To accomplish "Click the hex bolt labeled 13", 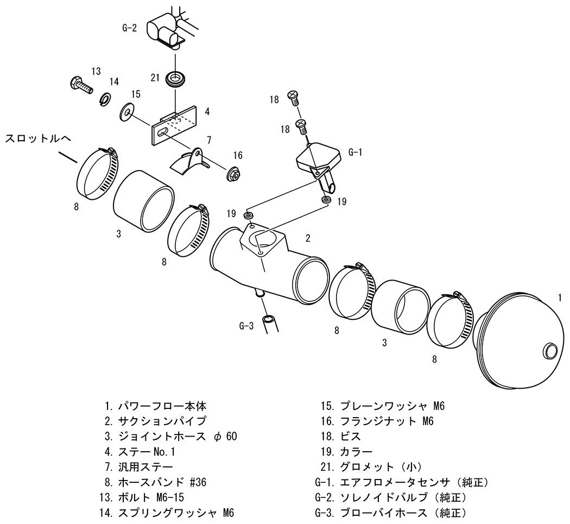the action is tap(80, 85).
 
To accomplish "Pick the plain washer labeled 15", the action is tap(126, 112).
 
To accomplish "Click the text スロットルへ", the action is tap(38, 138).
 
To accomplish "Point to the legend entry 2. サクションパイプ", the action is tap(155, 421).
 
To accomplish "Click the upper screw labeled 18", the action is tap(293, 97).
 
